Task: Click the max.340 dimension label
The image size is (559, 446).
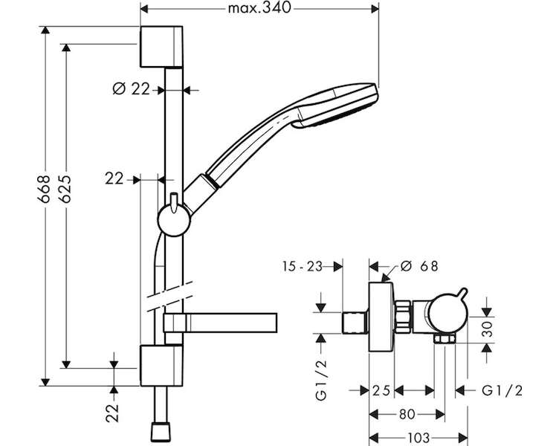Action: (x=259, y=8)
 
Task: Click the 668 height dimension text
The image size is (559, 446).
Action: (x=45, y=189)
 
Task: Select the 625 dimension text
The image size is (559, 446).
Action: (x=65, y=189)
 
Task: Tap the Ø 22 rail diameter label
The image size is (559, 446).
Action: (x=132, y=88)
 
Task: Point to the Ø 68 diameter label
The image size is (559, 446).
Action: (x=419, y=266)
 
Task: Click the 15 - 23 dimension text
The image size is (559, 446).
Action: (x=303, y=266)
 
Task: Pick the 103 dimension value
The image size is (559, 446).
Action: (x=418, y=437)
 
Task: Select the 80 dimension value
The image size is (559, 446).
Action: (x=407, y=414)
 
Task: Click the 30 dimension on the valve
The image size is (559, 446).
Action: (x=487, y=329)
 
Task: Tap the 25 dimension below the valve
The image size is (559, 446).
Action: (x=381, y=391)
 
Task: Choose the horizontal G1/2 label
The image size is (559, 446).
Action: (x=502, y=391)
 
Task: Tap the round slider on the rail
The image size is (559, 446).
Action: (x=174, y=220)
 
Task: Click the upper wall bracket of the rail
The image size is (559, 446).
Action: (x=161, y=47)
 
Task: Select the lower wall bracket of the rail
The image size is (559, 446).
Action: (x=161, y=366)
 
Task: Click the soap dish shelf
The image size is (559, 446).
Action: (x=220, y=323)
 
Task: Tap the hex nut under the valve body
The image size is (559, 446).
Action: (x=445, y=339)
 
